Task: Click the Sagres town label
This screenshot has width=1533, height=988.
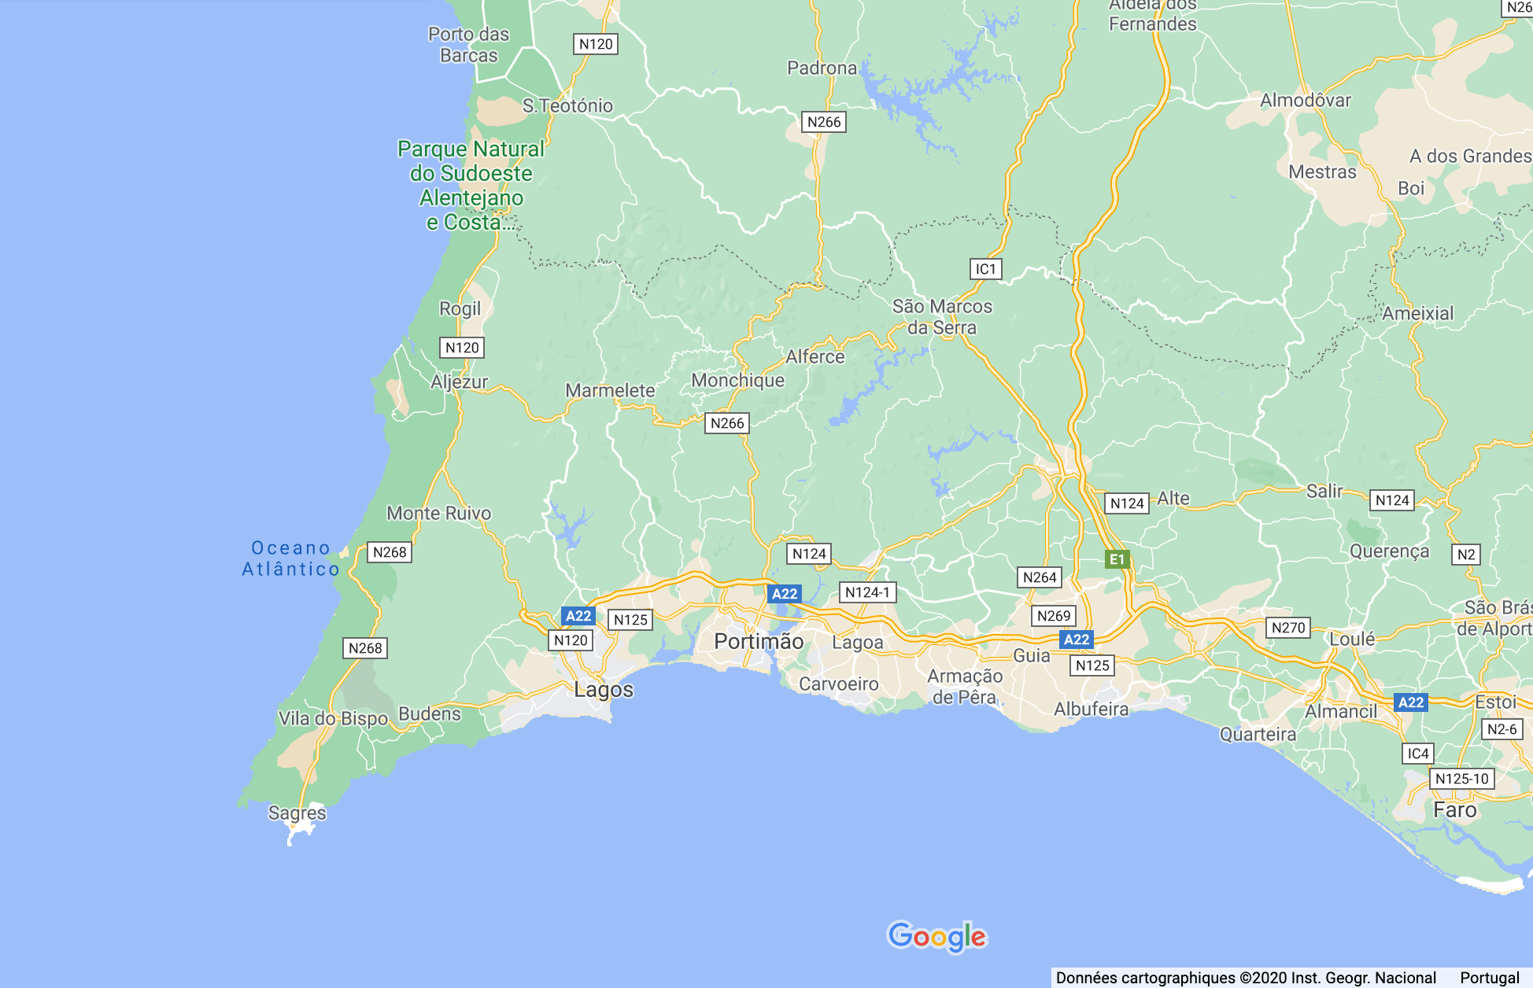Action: click(297, 813)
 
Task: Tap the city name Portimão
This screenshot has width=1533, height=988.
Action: click(759, 642)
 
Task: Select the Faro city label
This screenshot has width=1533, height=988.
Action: click(1454, 810)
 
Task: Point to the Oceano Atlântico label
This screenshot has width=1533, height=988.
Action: click(290, 559)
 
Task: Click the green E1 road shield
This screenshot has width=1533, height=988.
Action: click(1117, 559)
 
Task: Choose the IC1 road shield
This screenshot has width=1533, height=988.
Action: click(985, 269)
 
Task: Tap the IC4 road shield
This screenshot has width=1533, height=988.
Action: click(1417, 754)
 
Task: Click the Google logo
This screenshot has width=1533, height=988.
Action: click(936, 936)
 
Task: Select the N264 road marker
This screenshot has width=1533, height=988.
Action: click(1039, 577)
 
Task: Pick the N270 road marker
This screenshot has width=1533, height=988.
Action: click(1287, 628)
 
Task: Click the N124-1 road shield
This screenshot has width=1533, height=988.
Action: click(867, 592)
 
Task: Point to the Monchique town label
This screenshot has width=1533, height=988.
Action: click(737, 381)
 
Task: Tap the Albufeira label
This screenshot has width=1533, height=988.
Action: click(1091, 710)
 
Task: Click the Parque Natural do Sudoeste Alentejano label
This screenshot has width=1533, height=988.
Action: click(471, 186)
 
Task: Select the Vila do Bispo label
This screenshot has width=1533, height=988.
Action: click(333, 718)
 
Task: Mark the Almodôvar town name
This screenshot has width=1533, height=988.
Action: click(1305, 101)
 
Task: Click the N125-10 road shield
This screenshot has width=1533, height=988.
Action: click(1461, 779)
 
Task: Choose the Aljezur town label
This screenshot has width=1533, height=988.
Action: click(459, 382)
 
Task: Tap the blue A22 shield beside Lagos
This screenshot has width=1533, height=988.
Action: click(578, 616)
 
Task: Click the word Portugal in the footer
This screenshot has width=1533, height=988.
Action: click(1489, 978)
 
